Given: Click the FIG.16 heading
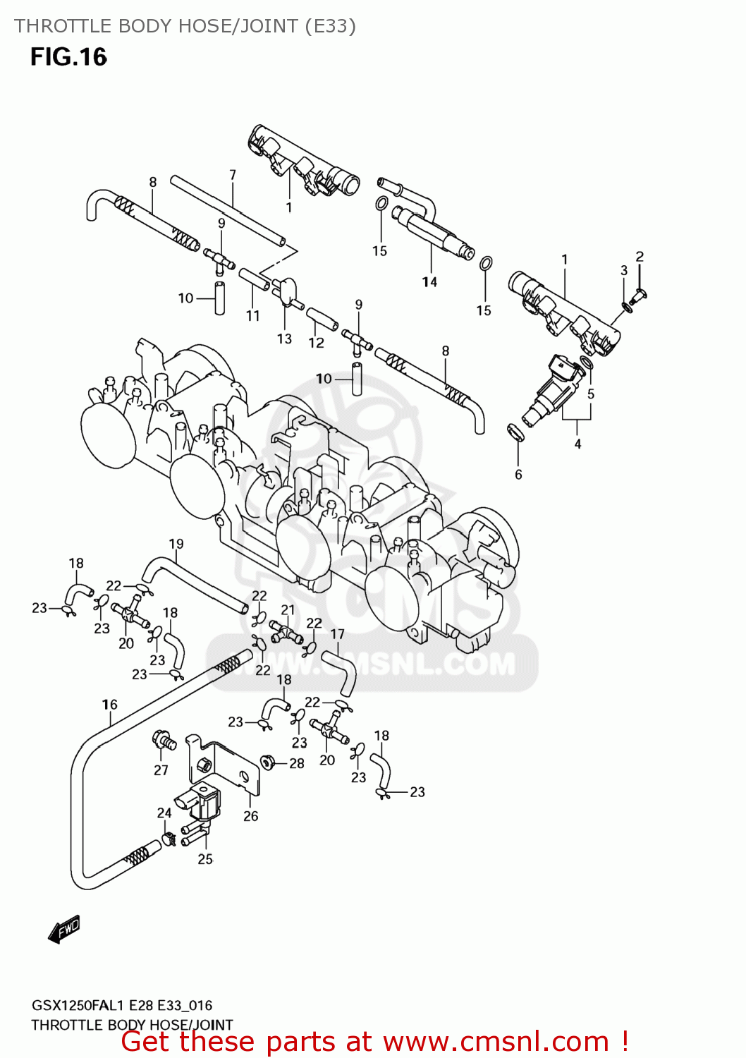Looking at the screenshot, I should click(x=68, y=56).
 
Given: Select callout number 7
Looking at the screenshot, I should click(x=232, y=174).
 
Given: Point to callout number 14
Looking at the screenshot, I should click(x=429, y=281).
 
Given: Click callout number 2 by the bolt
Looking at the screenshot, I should click(x=640, y=257).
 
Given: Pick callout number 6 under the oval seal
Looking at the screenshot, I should click(x=518, y=475).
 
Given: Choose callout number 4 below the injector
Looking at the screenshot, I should click(x=577, y=444).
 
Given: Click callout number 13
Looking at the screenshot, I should click(x=284, y=339).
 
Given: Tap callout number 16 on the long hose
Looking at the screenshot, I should click(x=110, y=704).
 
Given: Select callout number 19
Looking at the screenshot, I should click(x=176, y=544).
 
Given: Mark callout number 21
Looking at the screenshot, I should click(x=288, y=610).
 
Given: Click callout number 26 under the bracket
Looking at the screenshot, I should click(x=251, y=816).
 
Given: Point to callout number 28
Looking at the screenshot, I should click(x=297, y=763).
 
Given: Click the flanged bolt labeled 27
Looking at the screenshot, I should click(x=163, y=741).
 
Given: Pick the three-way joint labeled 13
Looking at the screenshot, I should click(x=286, y=291).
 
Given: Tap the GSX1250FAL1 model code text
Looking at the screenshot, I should click(x=78, y=1005).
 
